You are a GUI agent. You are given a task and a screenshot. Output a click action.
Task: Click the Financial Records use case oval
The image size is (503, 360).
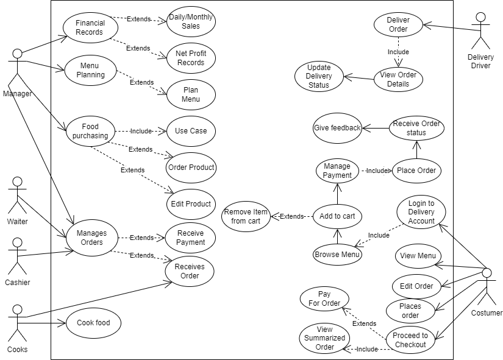tap(90, 27)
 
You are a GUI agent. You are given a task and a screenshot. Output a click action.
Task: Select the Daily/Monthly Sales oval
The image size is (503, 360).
tap(191, 22)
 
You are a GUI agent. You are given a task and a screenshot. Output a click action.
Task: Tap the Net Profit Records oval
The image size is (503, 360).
tap(191, 58)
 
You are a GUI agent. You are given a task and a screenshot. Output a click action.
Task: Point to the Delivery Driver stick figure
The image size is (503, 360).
tap(482, 30)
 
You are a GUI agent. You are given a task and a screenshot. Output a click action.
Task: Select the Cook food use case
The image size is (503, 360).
tap(93, 323)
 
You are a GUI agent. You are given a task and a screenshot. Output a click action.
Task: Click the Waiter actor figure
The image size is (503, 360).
tap(18, 195)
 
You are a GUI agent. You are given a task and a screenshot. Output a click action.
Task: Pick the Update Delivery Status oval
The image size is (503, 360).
tap(319, 76)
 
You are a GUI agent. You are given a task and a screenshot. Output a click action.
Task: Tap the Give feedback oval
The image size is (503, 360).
tap(337, 128)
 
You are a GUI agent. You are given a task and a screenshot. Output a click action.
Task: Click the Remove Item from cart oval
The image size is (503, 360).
tap(246, 216)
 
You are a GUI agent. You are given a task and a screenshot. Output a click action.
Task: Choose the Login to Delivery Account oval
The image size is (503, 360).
tap(421, 212)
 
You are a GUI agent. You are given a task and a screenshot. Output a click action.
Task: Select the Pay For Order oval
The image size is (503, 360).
tap(324, 298)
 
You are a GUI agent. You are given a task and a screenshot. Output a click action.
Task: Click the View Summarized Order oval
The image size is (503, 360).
tap(324, 338)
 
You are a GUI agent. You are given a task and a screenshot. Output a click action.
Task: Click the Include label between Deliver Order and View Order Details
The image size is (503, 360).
tap(398, 52)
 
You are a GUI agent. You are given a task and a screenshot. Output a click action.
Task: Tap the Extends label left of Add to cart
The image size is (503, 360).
tap(291, 216)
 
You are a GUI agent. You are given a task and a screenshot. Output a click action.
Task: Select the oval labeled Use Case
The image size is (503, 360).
tap(191, 130)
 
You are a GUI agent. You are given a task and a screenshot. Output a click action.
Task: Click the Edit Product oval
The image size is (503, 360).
tap(191, 204)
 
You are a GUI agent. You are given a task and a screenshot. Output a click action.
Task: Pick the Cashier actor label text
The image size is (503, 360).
tap(18, 283)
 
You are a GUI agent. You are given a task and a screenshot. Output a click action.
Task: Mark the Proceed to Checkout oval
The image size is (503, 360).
tap(410, 340)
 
